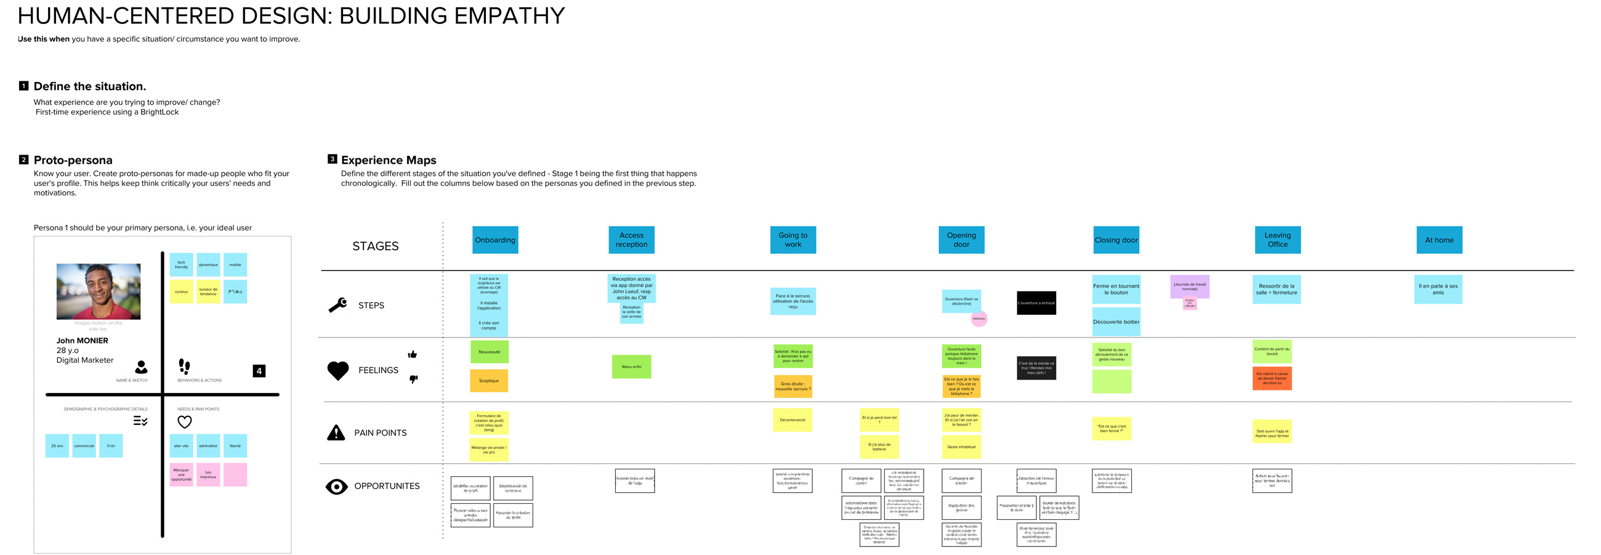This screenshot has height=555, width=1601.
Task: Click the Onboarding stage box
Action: pos(494,240)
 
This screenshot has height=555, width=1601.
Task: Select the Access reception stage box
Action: pos(631,240)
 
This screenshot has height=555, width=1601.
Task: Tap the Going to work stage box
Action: pos(792,240)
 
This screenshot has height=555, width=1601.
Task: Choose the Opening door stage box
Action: pos(961,240)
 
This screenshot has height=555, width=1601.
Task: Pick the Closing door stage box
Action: pos(1116,240)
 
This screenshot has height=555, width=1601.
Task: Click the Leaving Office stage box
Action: pos(1277,240)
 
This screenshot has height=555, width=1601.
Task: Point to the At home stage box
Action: pos(1439,240)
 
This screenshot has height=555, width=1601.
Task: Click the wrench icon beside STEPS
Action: pos(337,305)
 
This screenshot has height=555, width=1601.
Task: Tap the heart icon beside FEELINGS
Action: pos(338,370)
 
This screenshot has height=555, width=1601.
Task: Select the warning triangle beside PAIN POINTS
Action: pos(336,432)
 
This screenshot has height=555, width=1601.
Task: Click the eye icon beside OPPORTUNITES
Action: pos(336,487)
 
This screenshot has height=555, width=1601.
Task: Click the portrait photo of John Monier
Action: pos(98,291)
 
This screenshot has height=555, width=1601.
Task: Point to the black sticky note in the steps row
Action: pos(1036,303)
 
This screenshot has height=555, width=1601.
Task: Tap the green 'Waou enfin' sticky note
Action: pos(631,367)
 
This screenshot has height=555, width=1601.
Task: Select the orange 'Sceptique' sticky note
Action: pos(488,381)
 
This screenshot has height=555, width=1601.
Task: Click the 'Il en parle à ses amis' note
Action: pos(1438,290)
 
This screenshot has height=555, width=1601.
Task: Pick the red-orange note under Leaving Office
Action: pos(1272,378)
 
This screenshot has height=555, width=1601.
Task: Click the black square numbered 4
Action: pos(259,371)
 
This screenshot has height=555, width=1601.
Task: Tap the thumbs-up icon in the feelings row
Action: pos(412,354)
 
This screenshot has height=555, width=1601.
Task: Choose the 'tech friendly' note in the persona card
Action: pos(181,265)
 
